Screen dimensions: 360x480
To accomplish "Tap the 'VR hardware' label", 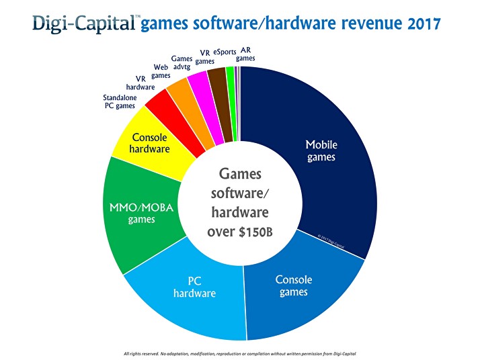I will coord(141,82).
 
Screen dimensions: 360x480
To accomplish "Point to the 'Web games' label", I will coord(161,71).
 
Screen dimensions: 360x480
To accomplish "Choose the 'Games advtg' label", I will coord(182,63).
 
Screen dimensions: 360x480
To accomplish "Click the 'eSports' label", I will coord(224,52).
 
